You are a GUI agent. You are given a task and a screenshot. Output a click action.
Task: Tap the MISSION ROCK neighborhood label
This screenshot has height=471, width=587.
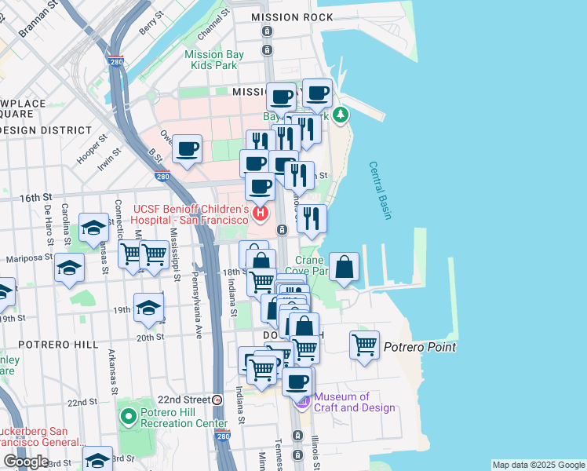pyautogui.click(x=286, y=17)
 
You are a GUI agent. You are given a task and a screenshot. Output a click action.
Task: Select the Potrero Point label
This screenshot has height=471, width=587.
pyautogui.click(x=420, y=347)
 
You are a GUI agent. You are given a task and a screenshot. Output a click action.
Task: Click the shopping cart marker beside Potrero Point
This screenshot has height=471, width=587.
pyautogui.click(x=365, y=345)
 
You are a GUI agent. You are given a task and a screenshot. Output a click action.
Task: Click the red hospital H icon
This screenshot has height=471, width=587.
pyautogui.click(x=259, y=212)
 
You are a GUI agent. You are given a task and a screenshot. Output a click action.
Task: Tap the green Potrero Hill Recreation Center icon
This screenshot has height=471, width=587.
pyautogui.click(x=126, y=414)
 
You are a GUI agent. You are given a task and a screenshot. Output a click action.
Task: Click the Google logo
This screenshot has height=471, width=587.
pyautogui.click(x=26, y=462)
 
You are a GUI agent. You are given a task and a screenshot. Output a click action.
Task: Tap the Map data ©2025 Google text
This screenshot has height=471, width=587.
pyautogui.click(x=538, y=465)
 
